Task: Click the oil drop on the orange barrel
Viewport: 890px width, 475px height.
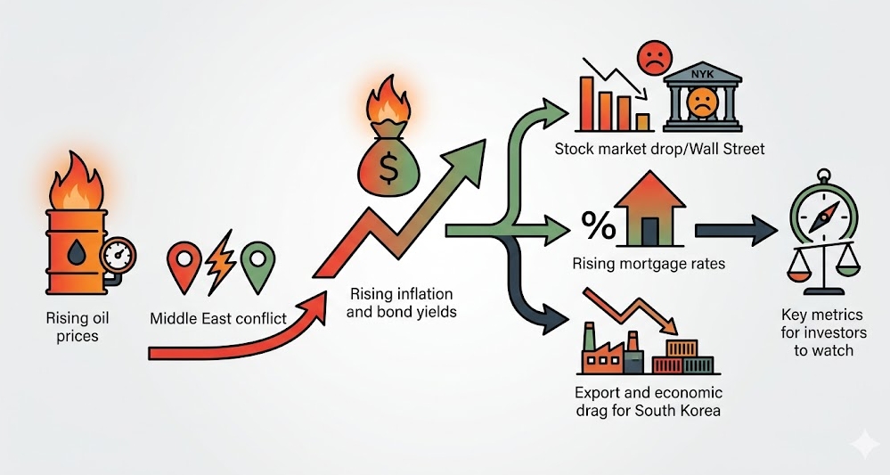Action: pos(77,251)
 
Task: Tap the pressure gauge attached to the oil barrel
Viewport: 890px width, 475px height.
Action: pos(118,256)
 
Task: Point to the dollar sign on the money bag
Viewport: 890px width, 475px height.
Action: pos(388,169)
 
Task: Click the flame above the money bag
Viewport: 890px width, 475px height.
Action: pos(388,102)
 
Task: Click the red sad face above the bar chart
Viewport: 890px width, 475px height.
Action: pos(655,58)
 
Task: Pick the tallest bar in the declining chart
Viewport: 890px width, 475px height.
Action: pos(586,104)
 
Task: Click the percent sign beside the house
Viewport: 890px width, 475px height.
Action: pos(600,225)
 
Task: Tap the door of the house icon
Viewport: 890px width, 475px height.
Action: pos(650,230)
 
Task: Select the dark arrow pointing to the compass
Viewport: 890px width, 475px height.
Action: pos(736,231)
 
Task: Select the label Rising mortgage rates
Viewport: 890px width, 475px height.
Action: pos(649,263)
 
